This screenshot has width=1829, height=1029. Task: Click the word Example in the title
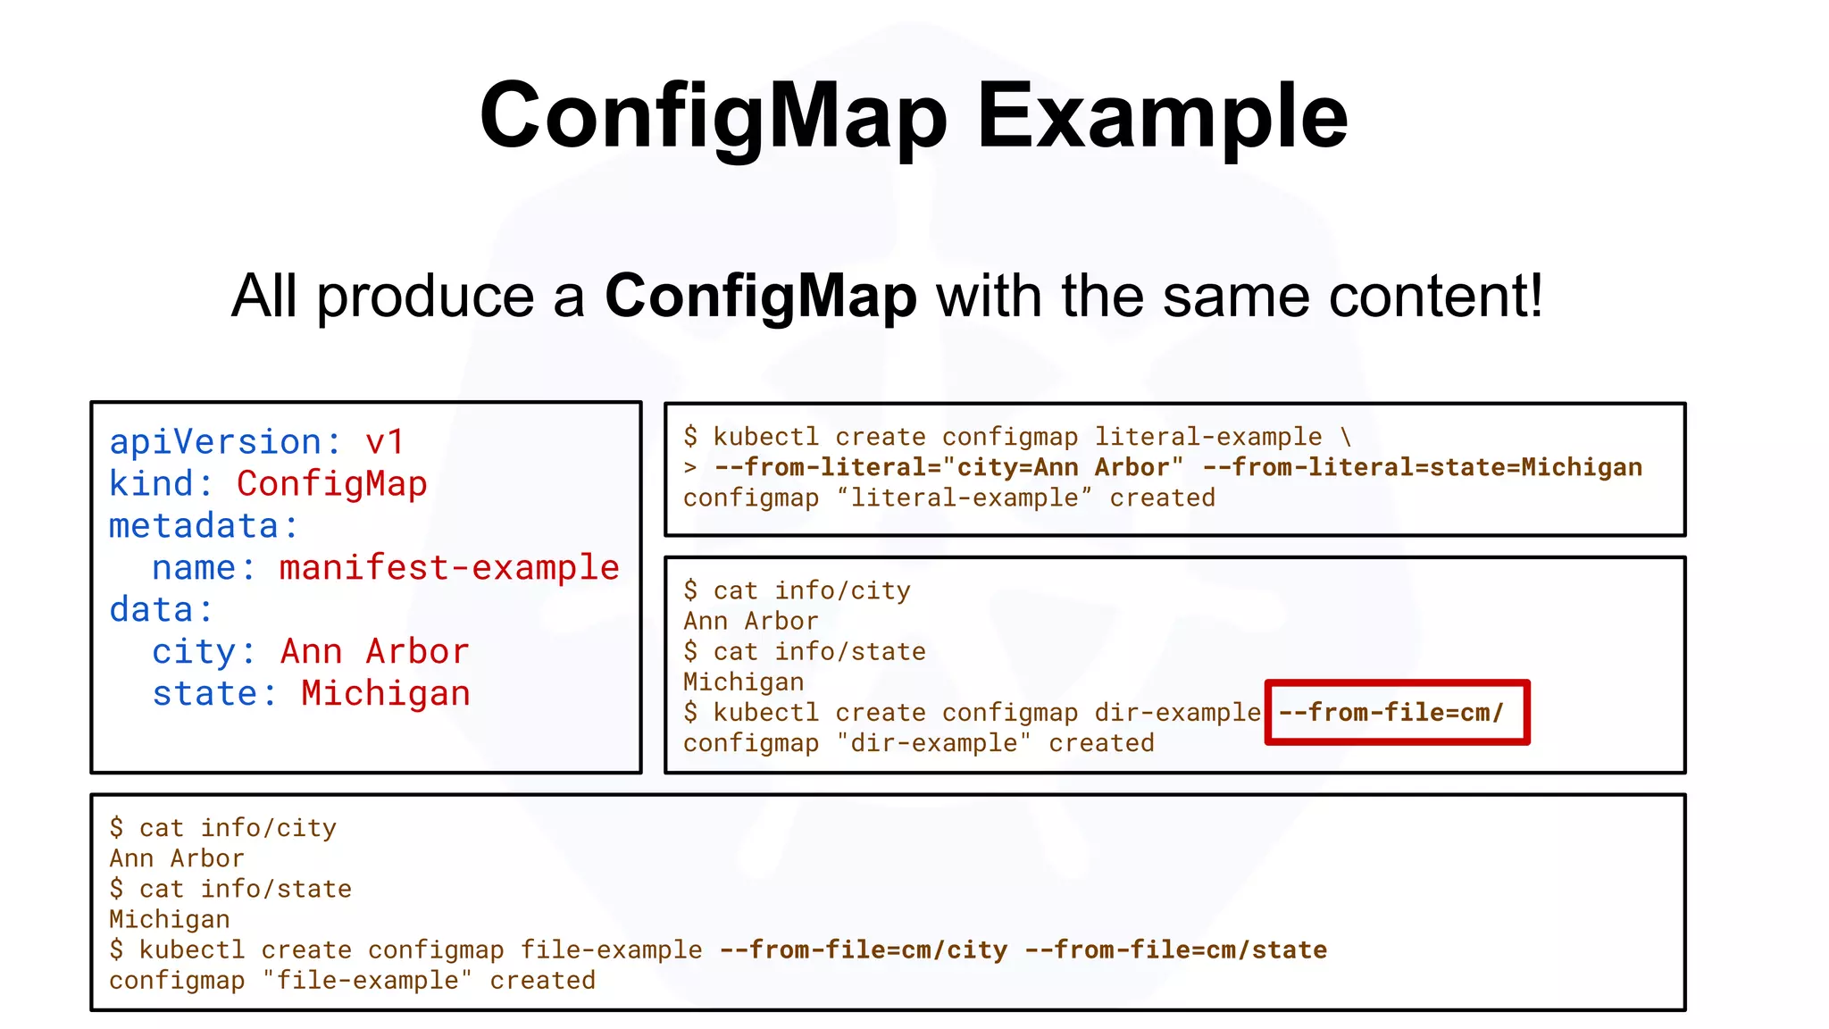pyautogui.click(x=1162, y=116)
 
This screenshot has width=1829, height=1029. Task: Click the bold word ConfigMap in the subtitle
pyautogui.click(x=761, y=296)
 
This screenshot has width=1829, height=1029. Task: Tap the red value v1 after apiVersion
pyautogui.click(x=385, y=442)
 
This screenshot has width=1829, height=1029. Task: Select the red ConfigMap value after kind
pyautogui.click(x=331, y=484)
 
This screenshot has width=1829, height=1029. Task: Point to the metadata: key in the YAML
pyautogui.click(x=204, y=526)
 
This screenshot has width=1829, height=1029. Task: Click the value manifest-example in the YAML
pyautogui.click(x=449, y=568)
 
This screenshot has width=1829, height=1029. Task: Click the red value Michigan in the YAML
pyautogui.click(x=385, y=694)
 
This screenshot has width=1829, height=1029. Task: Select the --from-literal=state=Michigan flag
pyautogui.click(x=1423, y=467)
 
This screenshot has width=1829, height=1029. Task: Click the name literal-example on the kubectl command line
pyautogui.click(x=1208, y=437)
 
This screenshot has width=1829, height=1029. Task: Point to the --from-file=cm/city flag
pyautogui.click(x=864, y=950)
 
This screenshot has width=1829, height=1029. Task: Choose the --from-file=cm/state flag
pyautogui.click(x=1175, y=950)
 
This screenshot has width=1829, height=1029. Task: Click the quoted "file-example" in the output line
pyautogui.click(x=367, y=980)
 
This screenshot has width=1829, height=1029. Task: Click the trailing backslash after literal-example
pyautogui.click(x=1346, y=437)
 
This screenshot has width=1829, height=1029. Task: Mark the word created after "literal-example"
pyautogui.click(x=1162, y=498)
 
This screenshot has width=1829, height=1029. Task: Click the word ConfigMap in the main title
pyautogui.click(x=713, y=116)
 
